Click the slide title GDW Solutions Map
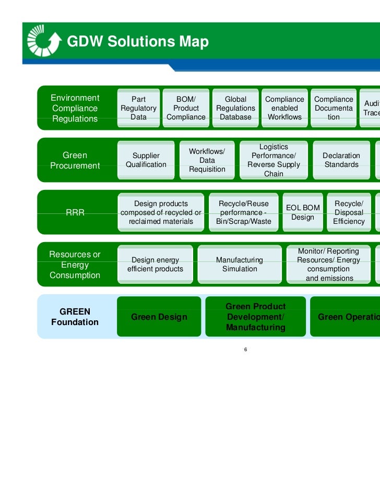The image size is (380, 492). pyautogui.click(x=138, y=42)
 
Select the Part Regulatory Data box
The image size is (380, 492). pyautogui.click(x=138, y=108)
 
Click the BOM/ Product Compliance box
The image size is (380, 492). pyautogui.click(x=186, y=108)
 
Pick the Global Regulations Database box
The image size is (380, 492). pyautogui.click(x=235, y=108)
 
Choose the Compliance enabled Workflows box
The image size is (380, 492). pyautogui.click(x=284, y=108)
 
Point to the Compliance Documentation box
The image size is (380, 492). pyautogui.click(x=334, y=108)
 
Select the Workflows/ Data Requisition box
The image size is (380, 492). pyautogui.click(x=207, y=160)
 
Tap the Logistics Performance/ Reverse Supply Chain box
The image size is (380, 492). pyautogui.click(x=274, y=160)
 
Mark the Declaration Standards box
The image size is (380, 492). pyautogui.click(x=341, y=160)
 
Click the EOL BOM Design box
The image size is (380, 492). pyautogui.click(x=302, y=212)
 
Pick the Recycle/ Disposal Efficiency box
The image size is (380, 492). pyautogui.click(x=349, y=212)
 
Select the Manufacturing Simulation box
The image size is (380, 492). pyautogui.click(x=240, y=265)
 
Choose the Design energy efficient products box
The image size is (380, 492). pyautogui.click(x=155, y=265)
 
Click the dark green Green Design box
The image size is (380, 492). pyautogui.click(x=159, y=317)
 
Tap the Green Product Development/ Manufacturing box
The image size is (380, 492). pyautogui.click(x=255, y=317)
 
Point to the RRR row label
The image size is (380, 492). pyautogui.click(x=75, y=212)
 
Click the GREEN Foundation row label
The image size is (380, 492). pyautogui.click(x=75, y=317)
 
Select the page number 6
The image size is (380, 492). pyautogui.click(x=245, y=349)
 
